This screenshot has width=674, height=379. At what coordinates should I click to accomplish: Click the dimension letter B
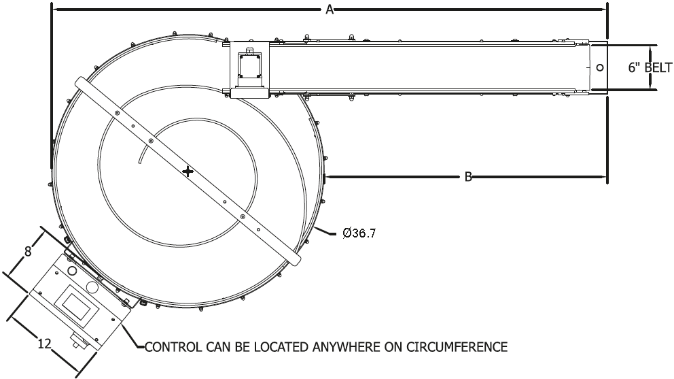(x=468, y=177)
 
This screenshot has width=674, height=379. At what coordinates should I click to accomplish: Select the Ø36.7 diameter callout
(x=359, y=233)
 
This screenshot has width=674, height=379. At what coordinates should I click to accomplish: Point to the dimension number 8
(x=28, y=250)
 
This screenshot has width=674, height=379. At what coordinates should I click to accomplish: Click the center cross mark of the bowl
(x=188, y=171)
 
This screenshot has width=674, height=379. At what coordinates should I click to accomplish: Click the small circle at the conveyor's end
(x=599, y=67)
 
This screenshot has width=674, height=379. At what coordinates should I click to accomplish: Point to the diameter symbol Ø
(x=347, y=233)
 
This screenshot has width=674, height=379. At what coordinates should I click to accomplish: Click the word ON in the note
(x=389, y=347)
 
